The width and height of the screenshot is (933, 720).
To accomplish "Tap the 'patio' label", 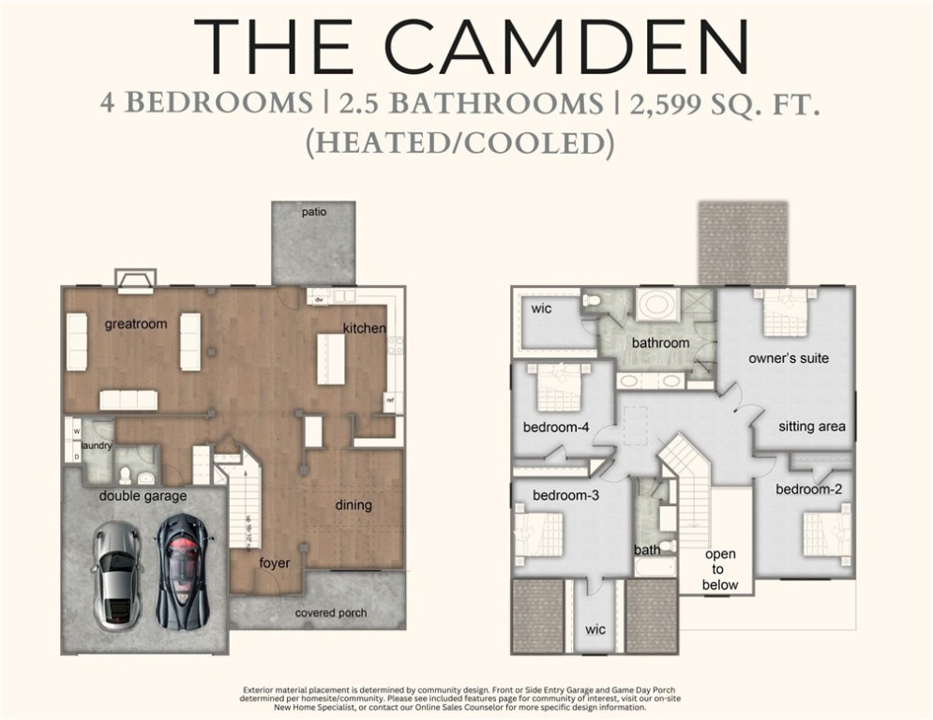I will [314, 212].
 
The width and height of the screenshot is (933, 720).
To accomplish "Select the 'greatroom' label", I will [136, 324].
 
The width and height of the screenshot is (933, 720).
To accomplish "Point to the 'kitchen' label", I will [364, 328].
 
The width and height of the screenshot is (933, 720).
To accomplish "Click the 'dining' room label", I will [354, 505].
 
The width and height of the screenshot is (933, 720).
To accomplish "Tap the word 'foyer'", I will [275, 563].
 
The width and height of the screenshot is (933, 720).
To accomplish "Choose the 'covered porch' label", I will [331, 613].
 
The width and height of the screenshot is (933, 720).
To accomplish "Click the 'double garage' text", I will [143, 496].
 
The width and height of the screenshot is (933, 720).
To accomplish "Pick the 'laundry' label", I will [97, 446].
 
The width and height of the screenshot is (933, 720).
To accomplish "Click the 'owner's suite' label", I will [788, 358].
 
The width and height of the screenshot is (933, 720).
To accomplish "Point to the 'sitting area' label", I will [811, 427].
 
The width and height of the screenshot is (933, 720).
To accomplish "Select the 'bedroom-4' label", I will [556, 428].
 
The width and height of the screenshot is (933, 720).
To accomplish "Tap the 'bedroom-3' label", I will [565, 495].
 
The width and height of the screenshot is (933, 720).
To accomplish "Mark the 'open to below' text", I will [720, 569].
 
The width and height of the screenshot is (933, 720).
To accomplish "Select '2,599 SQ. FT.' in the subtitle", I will [726, 102].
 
